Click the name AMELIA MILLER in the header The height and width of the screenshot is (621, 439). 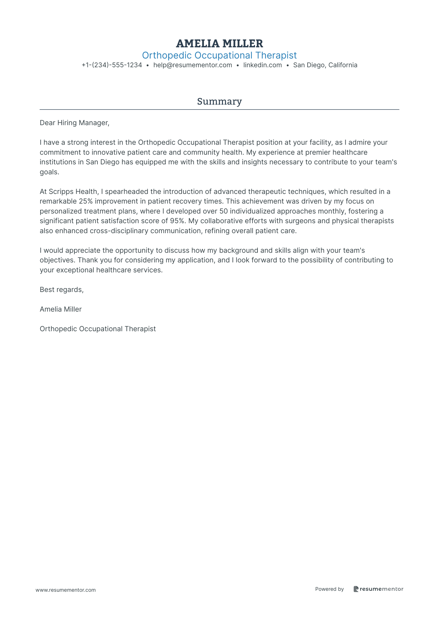[x=219, y=44]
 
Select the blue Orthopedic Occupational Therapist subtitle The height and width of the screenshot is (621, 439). [x=219, y=55]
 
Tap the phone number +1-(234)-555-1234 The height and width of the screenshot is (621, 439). [x=112, y=65]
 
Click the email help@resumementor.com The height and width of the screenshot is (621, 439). [x=192, y=65]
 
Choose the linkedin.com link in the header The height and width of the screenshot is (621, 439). [x=262, y=65]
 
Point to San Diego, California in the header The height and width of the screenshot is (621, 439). [x=325, y=65]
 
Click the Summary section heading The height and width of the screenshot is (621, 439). [x=219, y=101]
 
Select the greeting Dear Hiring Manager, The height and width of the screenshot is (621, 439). [x=74, y=123]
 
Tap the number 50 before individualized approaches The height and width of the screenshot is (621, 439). [x=224, y=211]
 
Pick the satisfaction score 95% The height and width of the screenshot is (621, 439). [x=178, y=221]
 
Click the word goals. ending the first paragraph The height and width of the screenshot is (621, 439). [x=49, y=172]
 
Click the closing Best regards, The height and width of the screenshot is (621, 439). [x=62, y=290]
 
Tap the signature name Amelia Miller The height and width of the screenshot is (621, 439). [x=61, y=309]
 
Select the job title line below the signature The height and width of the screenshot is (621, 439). [x=98, y=329]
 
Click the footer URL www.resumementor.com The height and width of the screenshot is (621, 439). [x=66, y=590]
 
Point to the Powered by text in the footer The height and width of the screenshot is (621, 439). [x=329, y=589]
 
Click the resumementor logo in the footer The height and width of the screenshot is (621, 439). [x=378, y=589]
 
